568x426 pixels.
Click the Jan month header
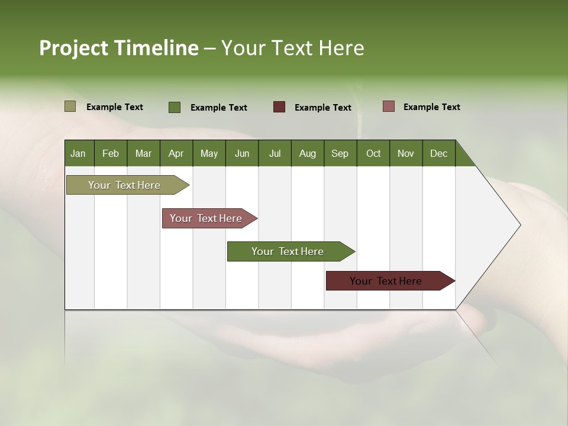[x=79, y=153]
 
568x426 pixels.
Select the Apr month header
[x=176, y=153]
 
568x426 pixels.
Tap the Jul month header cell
[x=275, y=153]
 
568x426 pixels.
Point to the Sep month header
[x=340, y=153]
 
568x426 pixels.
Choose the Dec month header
[x=438, y=153]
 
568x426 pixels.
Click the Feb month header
[x=111, y=153]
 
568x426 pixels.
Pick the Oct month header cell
[x=373, y=153]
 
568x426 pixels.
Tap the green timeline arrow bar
[x=288, y=251]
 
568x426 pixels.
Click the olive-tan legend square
[x=70, y=106]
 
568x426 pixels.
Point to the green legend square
[x=175, y=107]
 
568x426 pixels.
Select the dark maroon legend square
[x=279, y=107]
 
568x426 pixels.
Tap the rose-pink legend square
[x=388, y=106]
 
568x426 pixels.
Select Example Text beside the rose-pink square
[x=431, y=107]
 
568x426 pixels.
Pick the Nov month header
[x=406, y=153]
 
